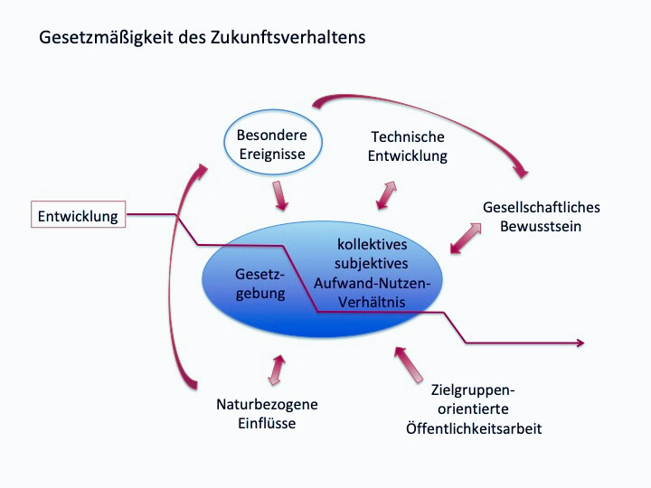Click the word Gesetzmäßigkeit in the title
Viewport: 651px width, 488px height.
coord(106,37)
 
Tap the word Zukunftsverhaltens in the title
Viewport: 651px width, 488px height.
coord(288,37)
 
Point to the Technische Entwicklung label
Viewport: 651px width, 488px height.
coord(408,146)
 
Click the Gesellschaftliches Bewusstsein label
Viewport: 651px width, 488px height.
coord(542,217)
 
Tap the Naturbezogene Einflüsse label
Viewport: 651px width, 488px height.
coord(267,414)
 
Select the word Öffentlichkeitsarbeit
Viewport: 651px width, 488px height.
coord(474,428)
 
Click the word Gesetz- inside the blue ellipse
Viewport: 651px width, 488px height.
coord(259,275)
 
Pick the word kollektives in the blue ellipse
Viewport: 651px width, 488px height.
coord(372,244)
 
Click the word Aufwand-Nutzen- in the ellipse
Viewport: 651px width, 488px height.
coord(372,283)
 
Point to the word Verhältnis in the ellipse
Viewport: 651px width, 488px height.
coord(372,302)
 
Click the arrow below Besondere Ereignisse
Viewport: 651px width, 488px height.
coord(280,195)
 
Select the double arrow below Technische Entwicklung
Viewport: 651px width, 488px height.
coord(387,195)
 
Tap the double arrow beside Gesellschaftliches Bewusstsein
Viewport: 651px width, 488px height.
coord(466,239)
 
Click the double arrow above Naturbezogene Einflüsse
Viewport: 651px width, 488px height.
coord(277,371)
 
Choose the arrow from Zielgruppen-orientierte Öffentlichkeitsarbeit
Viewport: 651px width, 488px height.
coord(409,365)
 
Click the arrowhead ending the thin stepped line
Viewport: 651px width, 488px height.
coord(580,343)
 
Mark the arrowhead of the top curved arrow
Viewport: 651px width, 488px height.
coord(522,172)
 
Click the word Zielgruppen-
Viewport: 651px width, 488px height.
coord(473,390)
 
